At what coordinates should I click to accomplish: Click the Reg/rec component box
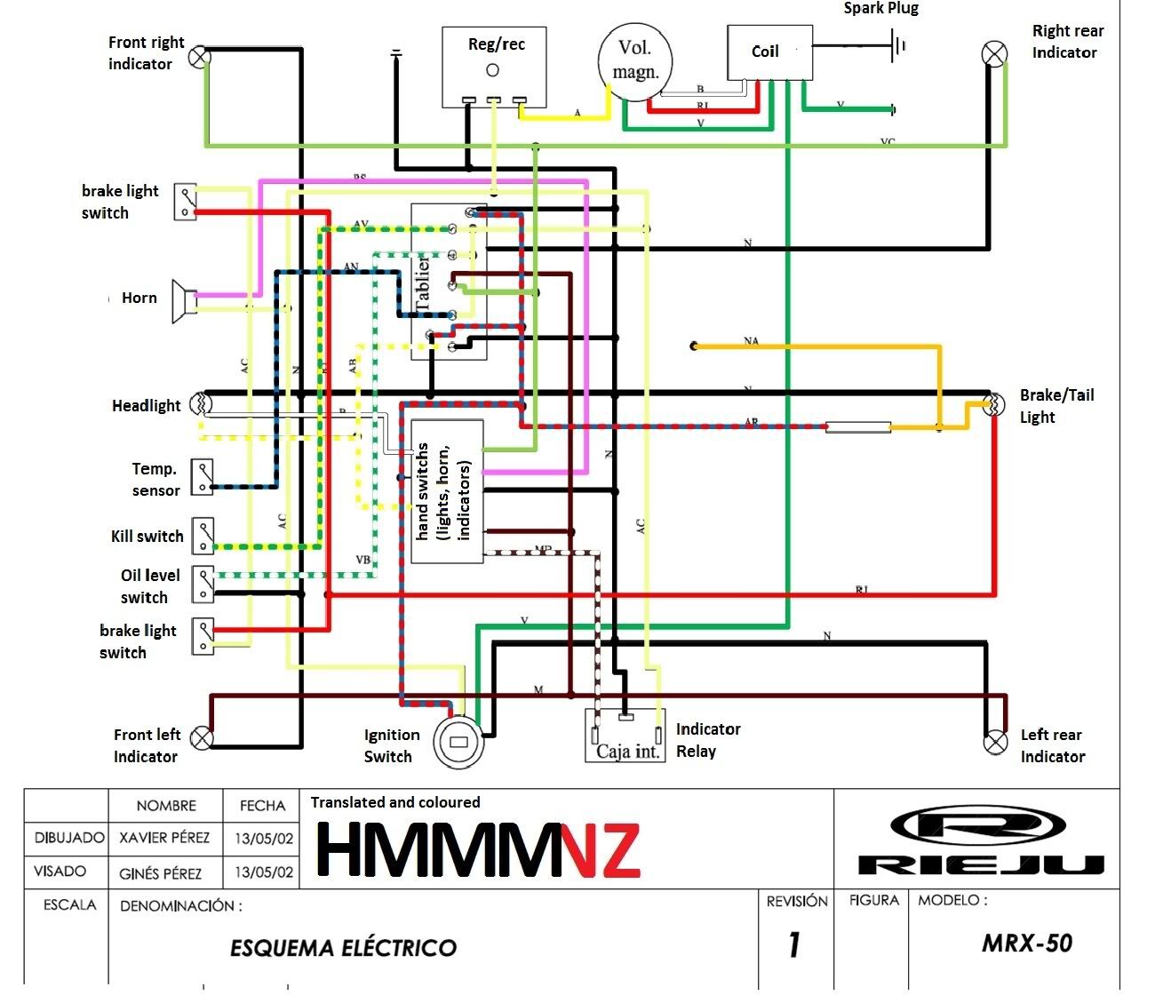495,67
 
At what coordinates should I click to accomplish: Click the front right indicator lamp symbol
202,56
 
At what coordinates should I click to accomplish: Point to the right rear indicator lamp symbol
994,53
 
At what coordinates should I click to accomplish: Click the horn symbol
184,300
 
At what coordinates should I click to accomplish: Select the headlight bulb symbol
202,404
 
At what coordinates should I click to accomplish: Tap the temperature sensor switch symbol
203,477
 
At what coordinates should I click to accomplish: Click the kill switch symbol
203,536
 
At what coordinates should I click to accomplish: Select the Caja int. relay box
625,736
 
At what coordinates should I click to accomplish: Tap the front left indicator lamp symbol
203,738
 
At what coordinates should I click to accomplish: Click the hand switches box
447,490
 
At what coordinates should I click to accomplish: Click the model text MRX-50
1027,943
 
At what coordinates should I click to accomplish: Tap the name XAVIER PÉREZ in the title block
164,838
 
